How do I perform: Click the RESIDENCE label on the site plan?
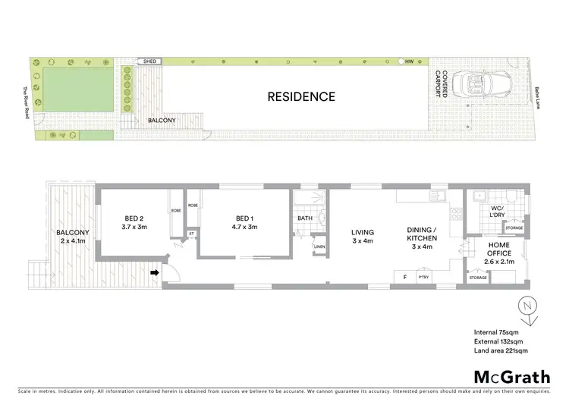[300, 96]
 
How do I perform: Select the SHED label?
[149, 61]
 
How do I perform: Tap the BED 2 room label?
[134, 221]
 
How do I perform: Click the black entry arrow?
[156, 272]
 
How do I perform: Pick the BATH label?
[305, 218]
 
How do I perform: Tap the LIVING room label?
[360, 237]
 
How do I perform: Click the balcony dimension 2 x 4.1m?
[74, 241]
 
